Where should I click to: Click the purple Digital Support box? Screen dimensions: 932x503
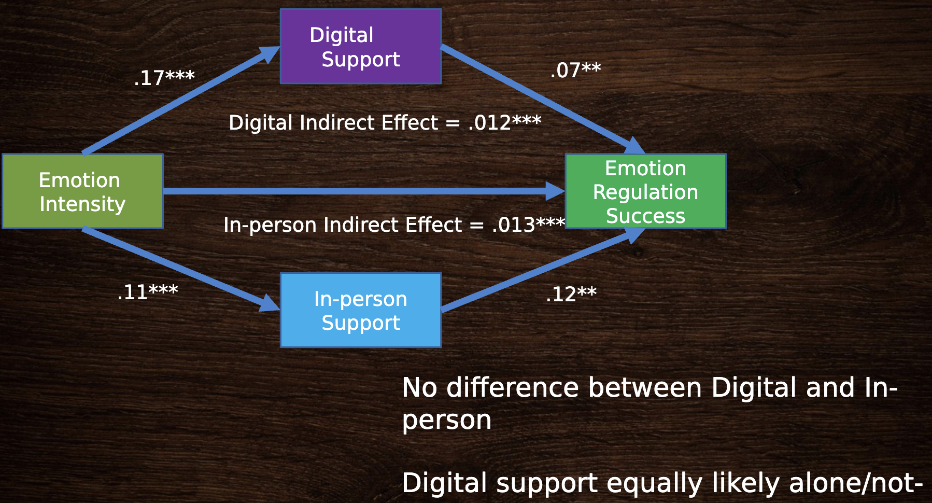coord(361,46)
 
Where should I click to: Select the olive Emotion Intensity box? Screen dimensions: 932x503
coord(82,191)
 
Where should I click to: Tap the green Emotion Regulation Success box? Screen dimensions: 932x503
coord(645,191)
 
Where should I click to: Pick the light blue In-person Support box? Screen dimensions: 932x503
coord(361,310)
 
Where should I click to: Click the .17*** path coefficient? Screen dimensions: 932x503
coord(164,78)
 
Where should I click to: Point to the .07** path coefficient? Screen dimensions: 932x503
coord(575,70)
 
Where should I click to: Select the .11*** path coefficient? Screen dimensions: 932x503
coord(148,292)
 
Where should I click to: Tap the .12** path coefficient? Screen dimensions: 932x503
coord(571,294)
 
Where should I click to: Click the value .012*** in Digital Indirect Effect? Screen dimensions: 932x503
coord(504,122)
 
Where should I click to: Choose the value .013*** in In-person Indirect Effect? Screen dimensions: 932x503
coord(529,225)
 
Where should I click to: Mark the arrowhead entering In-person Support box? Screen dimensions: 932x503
coord(270,303)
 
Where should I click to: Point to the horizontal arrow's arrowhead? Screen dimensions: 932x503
coord(555,191)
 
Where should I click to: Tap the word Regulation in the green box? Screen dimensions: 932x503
coord(645,193)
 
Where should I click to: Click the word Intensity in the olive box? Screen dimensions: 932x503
coord(82,204)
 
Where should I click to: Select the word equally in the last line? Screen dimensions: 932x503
coord(655,484)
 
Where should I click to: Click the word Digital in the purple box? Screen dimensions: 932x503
coord(342,36)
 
